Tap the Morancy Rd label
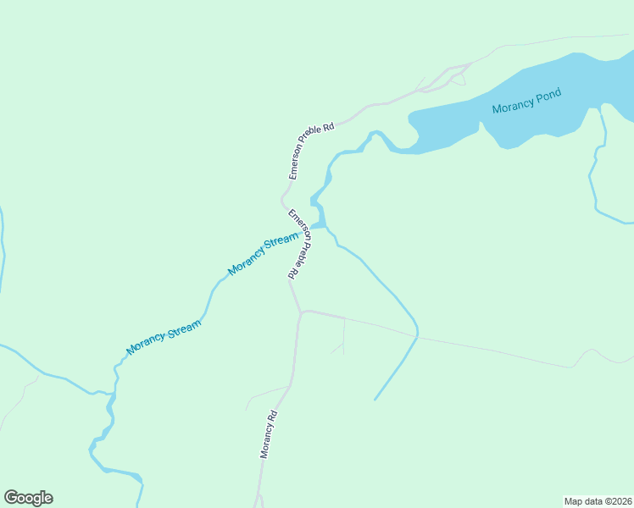point(269,434)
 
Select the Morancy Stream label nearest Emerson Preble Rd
point(263,256)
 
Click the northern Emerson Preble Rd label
point(311,152)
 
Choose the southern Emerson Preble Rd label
point(297,244)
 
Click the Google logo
point(28,498)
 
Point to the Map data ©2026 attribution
point(598,501)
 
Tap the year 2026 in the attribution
point(620,501)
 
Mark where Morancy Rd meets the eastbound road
point(301,312)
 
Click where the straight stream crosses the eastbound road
point(417,335)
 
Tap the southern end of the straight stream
point(375,399)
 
